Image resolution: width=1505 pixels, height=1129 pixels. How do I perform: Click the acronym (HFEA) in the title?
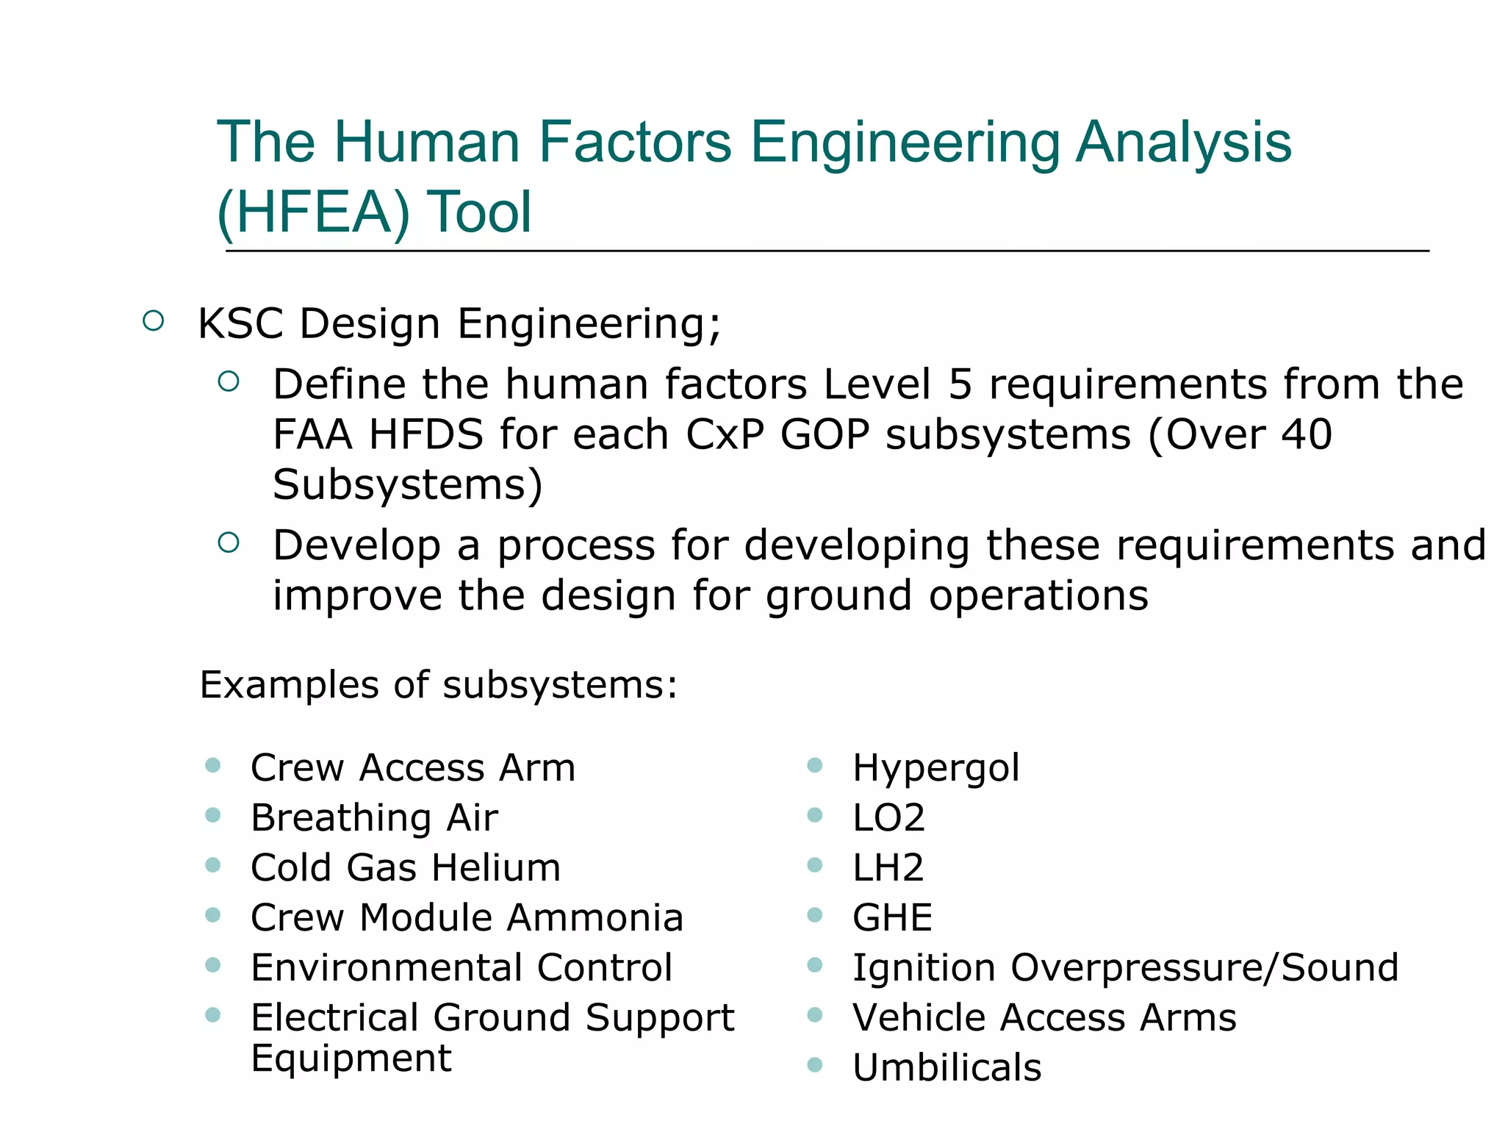point(314,212)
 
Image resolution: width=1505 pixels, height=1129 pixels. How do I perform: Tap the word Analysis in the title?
point(1183,142)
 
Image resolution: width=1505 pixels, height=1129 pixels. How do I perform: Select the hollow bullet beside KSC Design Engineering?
point(153,321)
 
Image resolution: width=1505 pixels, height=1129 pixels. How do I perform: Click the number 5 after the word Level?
point(960,384)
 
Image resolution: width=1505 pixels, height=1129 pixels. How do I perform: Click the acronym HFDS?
point(427,434)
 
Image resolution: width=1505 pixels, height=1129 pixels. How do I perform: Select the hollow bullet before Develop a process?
point(229,542)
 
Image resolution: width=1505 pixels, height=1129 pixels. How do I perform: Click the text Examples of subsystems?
point(439,685)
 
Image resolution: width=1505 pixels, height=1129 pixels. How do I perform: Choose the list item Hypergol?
point(935,768)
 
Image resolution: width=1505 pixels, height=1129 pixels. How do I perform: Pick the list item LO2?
point(888,818)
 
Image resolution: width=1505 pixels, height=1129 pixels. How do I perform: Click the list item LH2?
point(888,868)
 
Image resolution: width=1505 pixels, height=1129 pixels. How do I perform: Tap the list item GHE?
point(892,918)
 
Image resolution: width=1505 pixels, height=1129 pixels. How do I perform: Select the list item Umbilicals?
point(947,1068)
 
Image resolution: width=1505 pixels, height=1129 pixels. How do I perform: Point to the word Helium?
point(496,868)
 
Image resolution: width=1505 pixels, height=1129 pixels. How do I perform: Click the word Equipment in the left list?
point(351,1058)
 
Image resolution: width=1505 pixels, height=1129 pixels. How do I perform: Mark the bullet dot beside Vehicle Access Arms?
point(814,1015)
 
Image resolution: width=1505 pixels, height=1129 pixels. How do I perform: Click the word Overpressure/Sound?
point(1204,968)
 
